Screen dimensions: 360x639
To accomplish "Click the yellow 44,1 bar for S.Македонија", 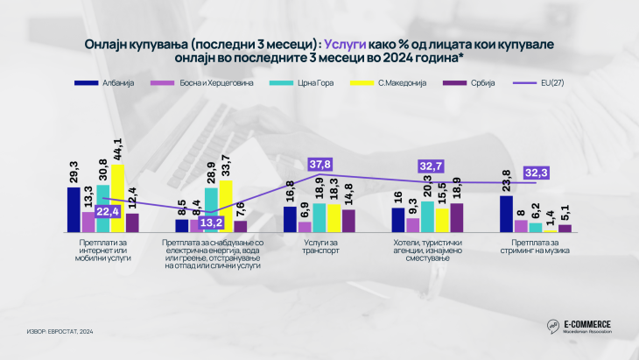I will pos(117,198).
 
